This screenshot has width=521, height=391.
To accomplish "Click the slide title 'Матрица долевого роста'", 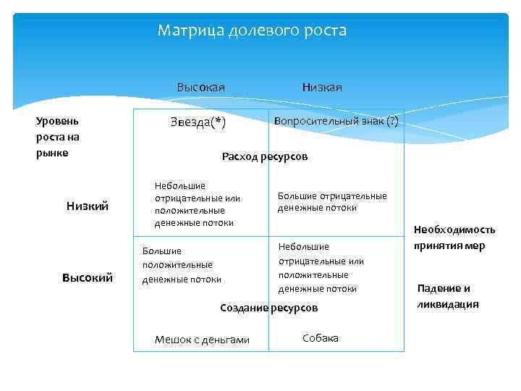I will click(252, 31).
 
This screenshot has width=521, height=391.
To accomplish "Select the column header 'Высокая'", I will click(200, 88).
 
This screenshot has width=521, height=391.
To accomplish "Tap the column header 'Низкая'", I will click(322, 88).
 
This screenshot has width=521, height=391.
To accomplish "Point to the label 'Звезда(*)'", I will click(198, 122).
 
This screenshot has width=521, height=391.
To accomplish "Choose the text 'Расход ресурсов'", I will click(265, 156).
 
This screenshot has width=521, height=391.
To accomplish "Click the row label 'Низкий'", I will click(88, 206).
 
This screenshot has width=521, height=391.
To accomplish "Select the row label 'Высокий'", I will click(88, 277).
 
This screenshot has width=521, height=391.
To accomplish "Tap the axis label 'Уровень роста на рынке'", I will click(58, 136).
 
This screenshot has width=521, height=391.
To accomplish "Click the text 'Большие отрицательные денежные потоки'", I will click(332, 201).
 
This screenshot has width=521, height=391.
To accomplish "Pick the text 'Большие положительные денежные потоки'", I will click(181, 265).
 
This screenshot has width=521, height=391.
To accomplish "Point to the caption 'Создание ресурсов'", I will click(268, 308).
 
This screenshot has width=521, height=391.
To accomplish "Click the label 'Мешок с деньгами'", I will click(202, 340).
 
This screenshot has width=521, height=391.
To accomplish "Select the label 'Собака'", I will click(320, 338).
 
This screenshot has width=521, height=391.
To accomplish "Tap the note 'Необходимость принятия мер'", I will click(454, 237).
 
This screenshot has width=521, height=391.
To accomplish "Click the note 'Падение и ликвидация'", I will click(448, 296).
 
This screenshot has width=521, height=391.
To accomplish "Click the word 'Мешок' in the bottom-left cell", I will click(171, 340).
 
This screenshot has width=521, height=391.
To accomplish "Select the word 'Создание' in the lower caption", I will click(244, 308).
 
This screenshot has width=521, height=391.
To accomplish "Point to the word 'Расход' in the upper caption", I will click(240, 156).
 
